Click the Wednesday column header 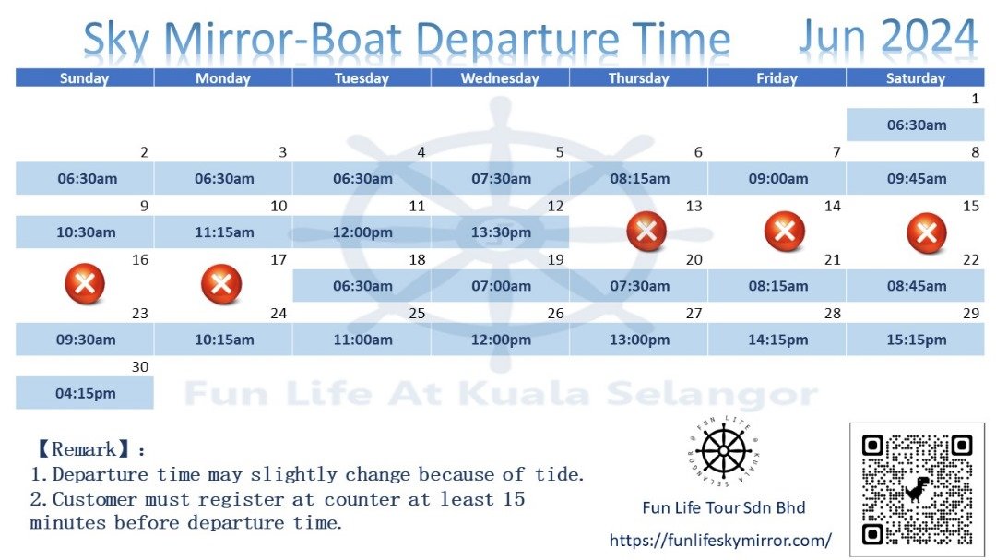coord(500,78)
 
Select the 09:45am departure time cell coord(916,179)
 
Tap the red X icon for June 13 coord(646,232)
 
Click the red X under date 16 coord(85,283)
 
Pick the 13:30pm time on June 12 coord(501,232)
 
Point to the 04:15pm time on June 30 coord(85,393)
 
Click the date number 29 coord(970,314)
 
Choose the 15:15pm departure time coord(916,340)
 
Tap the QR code coord(917,490)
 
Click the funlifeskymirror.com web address coord(720,541)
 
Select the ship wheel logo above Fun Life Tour coord(724,450)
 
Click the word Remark coord(84,449)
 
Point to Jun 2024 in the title coord(887,36)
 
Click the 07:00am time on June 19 coord(501,286)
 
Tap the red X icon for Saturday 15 coord(926,232)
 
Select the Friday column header coord(777,78)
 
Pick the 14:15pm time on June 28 coord(777,340)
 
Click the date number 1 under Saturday coord(975,99)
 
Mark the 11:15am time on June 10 coord(223,232)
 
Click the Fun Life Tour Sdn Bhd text coord(724,507)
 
